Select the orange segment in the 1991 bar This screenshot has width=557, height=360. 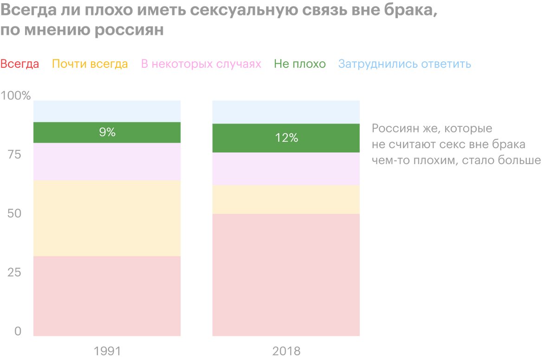[x=107, y=218]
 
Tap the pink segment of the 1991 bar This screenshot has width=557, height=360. [x=107, y=161]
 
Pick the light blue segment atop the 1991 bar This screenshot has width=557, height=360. [x=107, y=111]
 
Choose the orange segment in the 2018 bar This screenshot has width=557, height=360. [x=286, y=199]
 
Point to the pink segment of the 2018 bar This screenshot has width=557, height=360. [x=286, y=169]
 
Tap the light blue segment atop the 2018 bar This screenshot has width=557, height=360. [x=286, y=111]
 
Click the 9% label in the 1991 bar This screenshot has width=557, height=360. [x=107, y=132]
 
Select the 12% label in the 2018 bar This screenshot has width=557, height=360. [x=286, y=138]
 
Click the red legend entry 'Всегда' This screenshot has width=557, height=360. [x=20, y=64]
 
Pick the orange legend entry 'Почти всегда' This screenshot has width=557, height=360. [x=90, y=64]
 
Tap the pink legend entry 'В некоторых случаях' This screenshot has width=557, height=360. [x=201, y=64]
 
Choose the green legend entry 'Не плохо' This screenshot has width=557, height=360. [x=300, y=64]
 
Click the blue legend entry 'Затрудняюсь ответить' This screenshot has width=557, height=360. [x=405, y=64]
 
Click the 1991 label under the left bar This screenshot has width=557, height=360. [x=107, y=350]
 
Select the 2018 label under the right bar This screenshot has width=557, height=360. [x=286, y=350]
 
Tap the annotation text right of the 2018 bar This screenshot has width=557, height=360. [x=456, y=144]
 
